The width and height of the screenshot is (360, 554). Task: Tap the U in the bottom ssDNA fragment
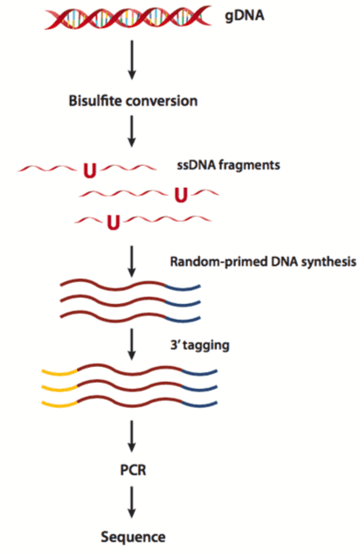click(112, 222)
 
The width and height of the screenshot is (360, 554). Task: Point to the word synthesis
click(322, 262)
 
